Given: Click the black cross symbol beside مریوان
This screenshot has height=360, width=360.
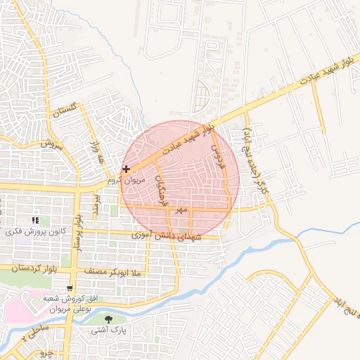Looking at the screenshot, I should [x=126, y=169].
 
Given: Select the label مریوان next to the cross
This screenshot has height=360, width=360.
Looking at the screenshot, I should [x=133, y=180].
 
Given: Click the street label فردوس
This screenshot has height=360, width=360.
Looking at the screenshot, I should [x=219, y=148].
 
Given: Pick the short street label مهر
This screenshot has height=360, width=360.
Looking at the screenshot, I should [x=182, y=210].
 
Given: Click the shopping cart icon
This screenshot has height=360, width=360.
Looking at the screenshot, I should [x=69, y=288].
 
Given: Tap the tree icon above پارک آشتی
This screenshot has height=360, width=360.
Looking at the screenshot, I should [x=108, y=319].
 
